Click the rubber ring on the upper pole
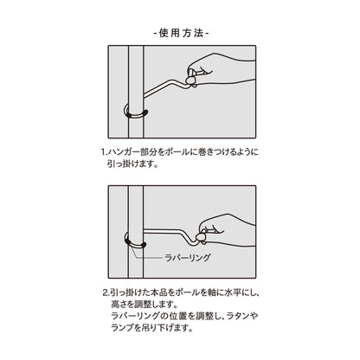135,113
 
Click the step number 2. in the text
105,293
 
